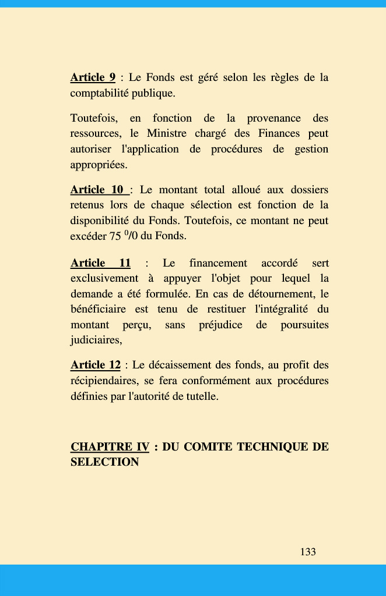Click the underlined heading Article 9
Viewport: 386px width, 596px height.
pyautogui.click(x=93, y=77)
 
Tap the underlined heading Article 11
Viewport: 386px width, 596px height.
pyautogui.click(x=100, y=263)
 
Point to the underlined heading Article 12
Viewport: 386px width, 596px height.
pyautogui.click(x=96, y=365)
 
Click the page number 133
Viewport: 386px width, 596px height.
pyautogui.click(x=308, y=552)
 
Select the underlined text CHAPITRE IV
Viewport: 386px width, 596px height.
pyautogui.click(x=110, y=447)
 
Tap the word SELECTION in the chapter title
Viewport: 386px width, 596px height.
pyautogui.click(x=105, y=462)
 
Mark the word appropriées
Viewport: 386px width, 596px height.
pyautogui.click(x=98, y=165)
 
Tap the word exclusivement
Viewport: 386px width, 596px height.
pyautogui.click(x=104, y=279)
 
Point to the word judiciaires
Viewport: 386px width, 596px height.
pyautogui.click(x=96, y=340)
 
